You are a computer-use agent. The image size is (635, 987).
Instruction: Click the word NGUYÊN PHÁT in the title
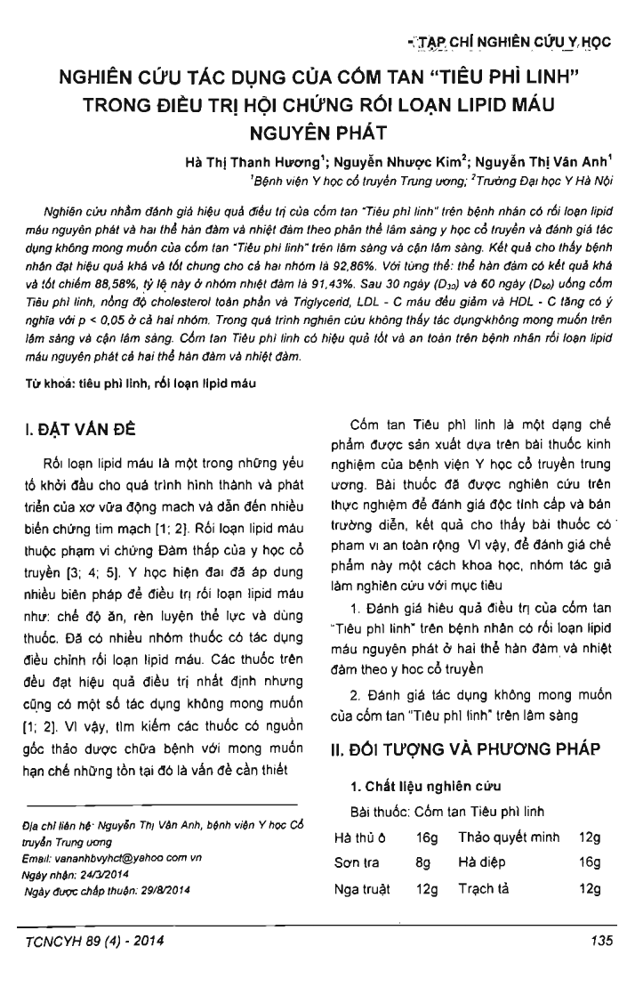pyautogui.click(x=317, y=135)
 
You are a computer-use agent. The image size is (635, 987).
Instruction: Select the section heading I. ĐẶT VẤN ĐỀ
pyautogui.click(x=87, y=429)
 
